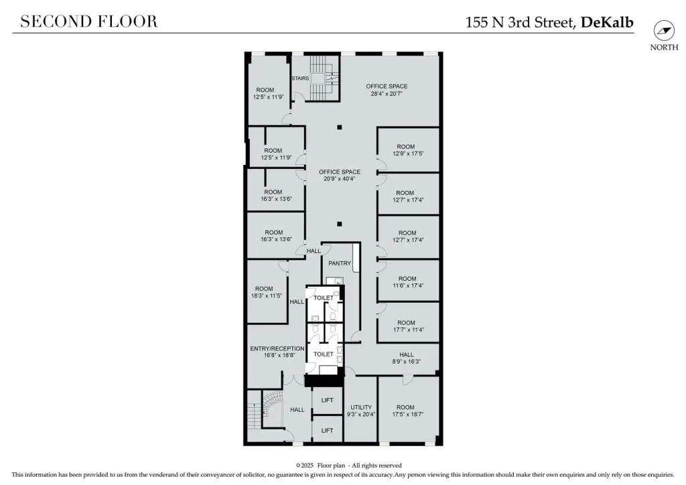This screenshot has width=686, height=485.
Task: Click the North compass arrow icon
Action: [664, 31]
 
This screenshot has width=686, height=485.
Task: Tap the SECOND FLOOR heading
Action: [89, 21]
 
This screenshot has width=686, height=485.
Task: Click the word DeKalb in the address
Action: [607, 22]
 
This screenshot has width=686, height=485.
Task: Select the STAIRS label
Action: [300, 78]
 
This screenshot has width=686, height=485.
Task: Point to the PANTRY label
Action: [340, 263]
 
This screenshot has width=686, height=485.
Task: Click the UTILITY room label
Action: [361, 407]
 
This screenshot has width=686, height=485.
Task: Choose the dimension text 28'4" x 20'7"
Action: [387, 93]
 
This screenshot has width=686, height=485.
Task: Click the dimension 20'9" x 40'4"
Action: [340, 179]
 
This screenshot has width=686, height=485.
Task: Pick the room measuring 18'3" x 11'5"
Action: [267, 291]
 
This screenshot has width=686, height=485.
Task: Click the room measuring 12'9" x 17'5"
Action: [408, 150]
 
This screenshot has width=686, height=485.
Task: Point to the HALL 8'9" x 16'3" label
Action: [407, 358]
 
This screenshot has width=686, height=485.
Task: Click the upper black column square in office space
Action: [339, 127]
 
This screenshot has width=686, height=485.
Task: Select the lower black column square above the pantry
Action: [339, 224]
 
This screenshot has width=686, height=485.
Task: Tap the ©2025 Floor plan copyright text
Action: [348, 466]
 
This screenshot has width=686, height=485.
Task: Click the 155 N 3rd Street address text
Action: [521, 22]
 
